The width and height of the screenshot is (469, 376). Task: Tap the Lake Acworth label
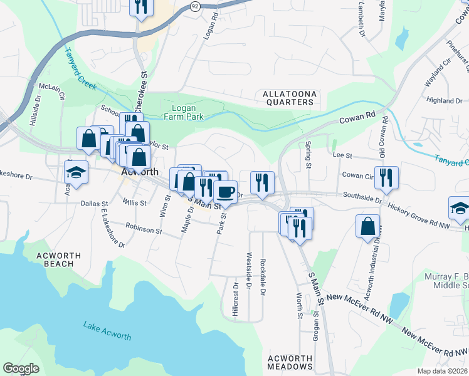[107, 331]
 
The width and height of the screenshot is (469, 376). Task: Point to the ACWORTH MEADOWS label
[290, 363]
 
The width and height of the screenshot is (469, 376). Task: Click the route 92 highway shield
[195, 6]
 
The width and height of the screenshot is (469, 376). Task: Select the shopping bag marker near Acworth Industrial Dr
[367, 226]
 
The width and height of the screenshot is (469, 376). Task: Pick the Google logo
[21, 368]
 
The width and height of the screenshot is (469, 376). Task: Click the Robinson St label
[144, 229]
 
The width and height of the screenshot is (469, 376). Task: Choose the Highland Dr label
[444, 100]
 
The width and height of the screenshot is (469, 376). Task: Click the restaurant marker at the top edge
[141, 6]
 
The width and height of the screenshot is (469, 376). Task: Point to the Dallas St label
[95, 203]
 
